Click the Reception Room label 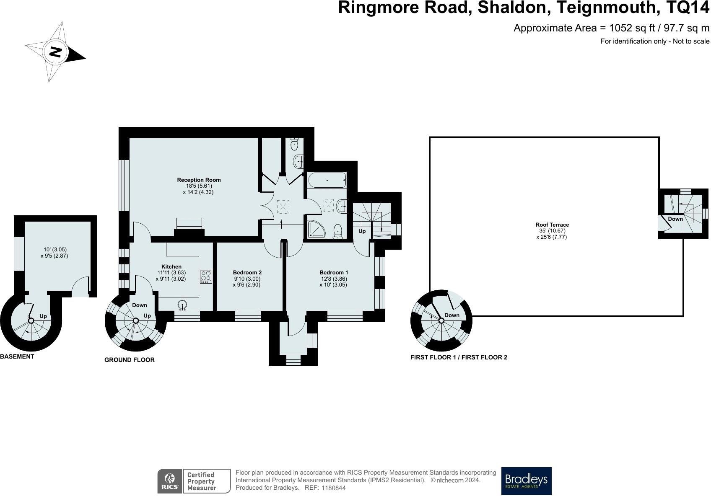tap(199, 180)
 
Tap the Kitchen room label tap(171, 266)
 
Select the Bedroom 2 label tap(247, 272)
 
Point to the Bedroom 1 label tap(334, 272)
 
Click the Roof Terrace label tap(552, 225)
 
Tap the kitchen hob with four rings tap(206, 276)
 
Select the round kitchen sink tap(182, 304)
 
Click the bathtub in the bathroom tap(327, 181)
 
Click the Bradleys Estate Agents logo tap(526, 481)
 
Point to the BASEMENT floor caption tap(17, 356)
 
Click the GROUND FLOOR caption tap(129, 359)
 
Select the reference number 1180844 tap(333, 488)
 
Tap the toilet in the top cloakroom tap(294, 144)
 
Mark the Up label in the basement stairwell tap(43, 316)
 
